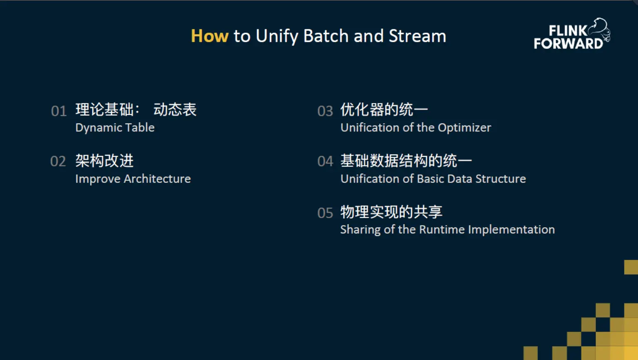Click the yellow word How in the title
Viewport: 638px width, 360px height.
[x=209, y=36]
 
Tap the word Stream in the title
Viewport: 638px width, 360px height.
[x=417, y=36]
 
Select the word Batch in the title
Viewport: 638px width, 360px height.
[x=326, y=36]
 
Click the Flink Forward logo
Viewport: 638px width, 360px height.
[x=572, y=34]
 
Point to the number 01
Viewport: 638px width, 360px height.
[x=59, y=111]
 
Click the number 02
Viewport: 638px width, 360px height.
[x=58, y=161]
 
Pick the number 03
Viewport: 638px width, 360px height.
[x=325, y=111]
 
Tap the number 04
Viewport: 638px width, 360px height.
[x=325, y=161]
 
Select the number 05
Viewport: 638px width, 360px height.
[x=325, y=213]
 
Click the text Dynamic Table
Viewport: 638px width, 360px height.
[x=115, y=128]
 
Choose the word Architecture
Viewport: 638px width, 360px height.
[x=157, y=179]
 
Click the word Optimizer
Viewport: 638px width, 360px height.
[x=464, y=128]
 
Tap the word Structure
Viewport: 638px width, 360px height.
[x=501, y=179]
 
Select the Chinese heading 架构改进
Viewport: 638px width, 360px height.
[x=104, y=161]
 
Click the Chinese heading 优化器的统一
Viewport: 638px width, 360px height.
[x=384, y=110]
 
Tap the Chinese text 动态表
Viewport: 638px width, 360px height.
[x=175, y=110]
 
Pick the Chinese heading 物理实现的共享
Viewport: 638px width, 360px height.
[x=392, y=212]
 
